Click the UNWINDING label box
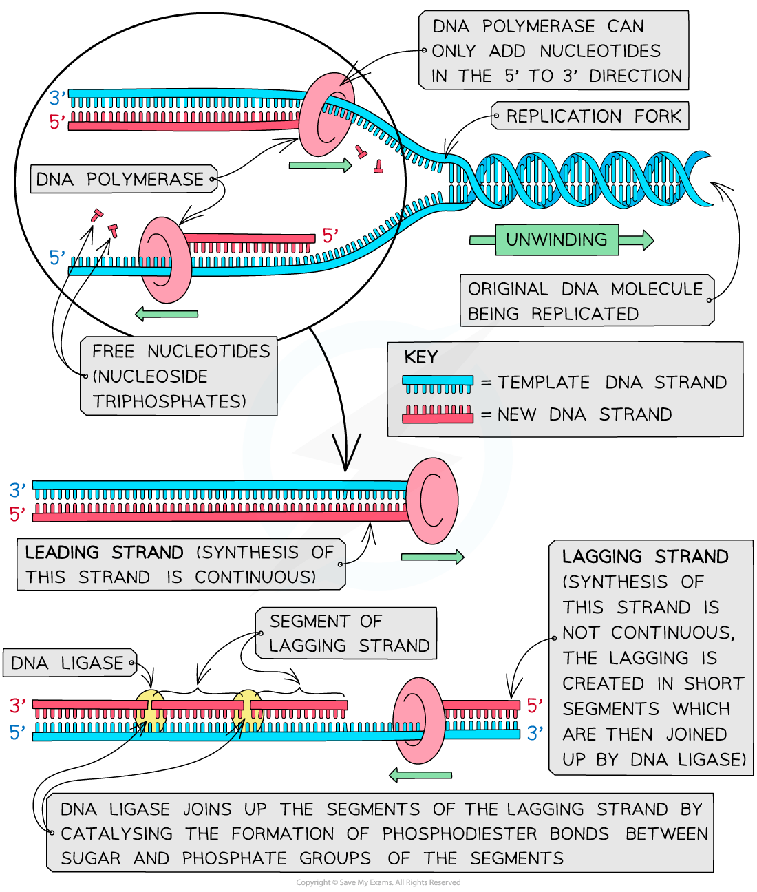557,240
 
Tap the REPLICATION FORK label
593,116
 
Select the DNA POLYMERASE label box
120,180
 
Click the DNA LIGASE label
67,663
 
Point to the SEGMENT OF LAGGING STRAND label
349,633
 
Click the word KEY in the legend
420,357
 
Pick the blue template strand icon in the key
438,383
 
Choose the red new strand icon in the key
438,414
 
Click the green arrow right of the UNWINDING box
636,240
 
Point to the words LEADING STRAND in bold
104,553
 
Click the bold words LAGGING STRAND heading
645,556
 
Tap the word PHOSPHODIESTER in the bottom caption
459,834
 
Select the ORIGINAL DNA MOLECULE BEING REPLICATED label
585,301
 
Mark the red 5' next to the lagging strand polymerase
534,705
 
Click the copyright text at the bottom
378,882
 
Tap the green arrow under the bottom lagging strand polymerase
420,775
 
